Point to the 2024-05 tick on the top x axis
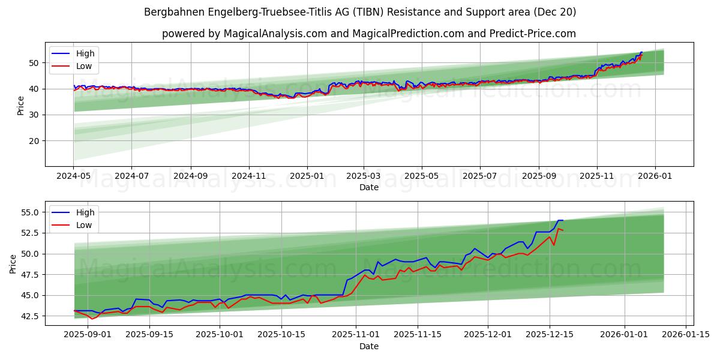point(74,176)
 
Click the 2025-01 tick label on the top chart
point(307,176)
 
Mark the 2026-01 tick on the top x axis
point(655,176)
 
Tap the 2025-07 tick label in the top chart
point(480,176)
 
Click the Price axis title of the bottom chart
point(13,263)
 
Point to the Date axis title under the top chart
point(369,187)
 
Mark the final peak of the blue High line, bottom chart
point(560,220)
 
